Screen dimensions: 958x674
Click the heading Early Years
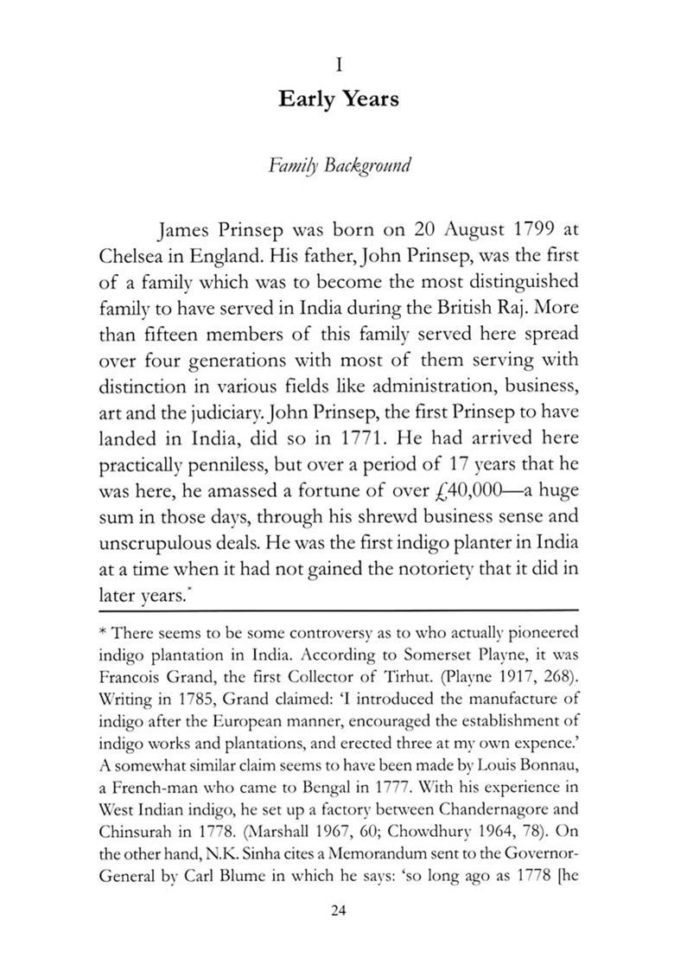(x=338, y=99)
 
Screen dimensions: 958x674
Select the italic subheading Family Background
(x=338, y=164)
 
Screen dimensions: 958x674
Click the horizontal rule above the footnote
(x=337, y=611)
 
